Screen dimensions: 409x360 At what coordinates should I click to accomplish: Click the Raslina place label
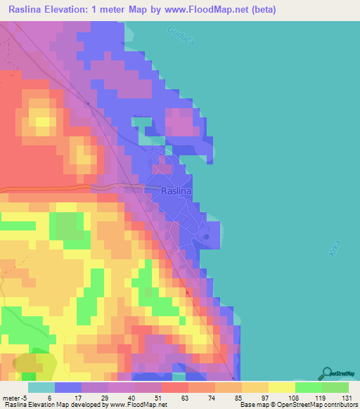coord(176,190)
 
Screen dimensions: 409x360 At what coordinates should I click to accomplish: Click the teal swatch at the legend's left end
coord(41,387)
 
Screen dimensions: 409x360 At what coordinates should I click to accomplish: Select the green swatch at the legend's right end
coord(335,387)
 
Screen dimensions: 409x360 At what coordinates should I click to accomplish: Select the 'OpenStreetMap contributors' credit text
coord(320,405)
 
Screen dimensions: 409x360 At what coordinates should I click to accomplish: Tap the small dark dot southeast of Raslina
coord(206,236)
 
